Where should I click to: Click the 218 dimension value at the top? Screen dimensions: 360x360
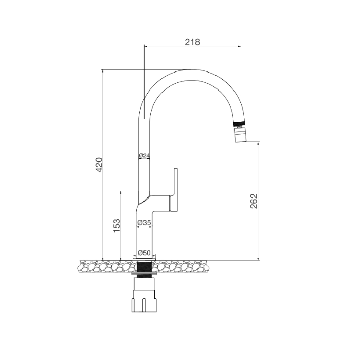pyautogui.click(x=192, y=42)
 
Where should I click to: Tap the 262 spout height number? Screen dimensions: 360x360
pyautogui.click(x=253, y=201)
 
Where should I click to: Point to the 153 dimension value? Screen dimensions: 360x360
pyautogui.click(x=117, y=225)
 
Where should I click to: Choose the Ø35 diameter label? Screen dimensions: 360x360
pyautogui.click(x=144, y=223)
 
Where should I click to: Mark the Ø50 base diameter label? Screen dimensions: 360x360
pyautogui.click(x=144, y=253)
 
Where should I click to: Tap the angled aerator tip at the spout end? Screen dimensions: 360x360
pyautogui.click(x=241, y=136)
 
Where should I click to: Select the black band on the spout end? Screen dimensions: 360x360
pyautogui.click(x=239, y=124)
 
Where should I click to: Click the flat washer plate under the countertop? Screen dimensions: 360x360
pyautogui.click(x=144, y=277)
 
